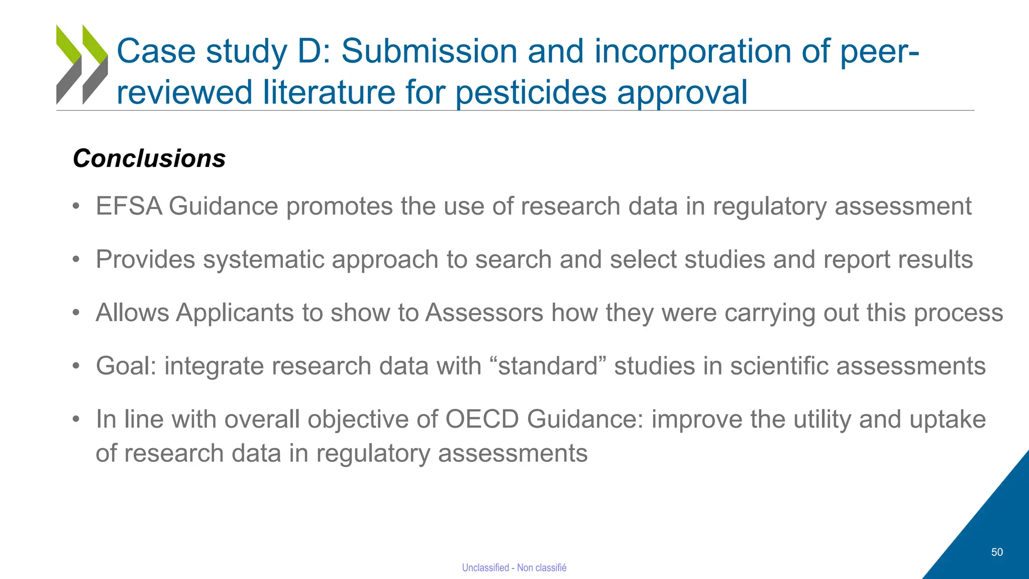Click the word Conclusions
(x=149, y=159)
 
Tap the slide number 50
(x=997, y=552)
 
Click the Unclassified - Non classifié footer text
(x=514, y=567)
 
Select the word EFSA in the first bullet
(x=129, y=207)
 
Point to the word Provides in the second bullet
(x=145, y=260)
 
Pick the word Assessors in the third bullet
(x=484, y=313)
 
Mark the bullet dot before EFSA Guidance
(x=76, y=207)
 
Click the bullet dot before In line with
(x=76, y=419)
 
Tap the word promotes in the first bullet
(x=339, y=207)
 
